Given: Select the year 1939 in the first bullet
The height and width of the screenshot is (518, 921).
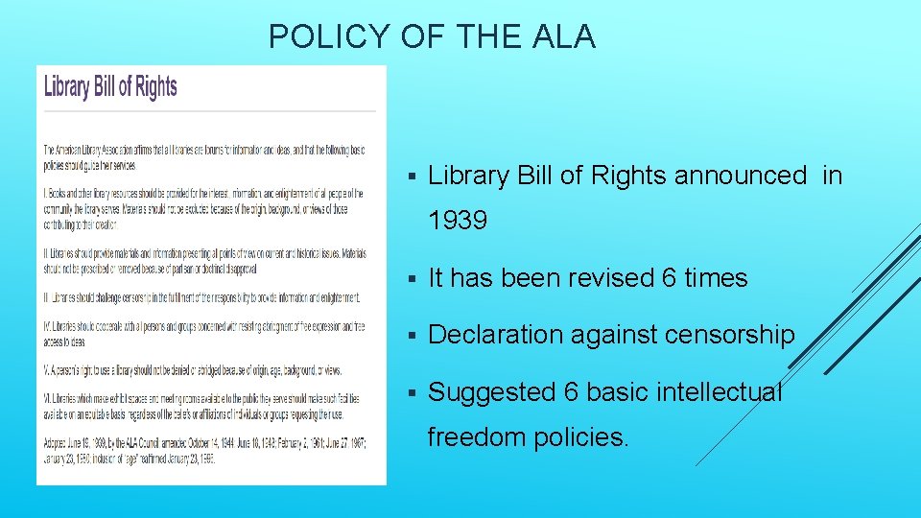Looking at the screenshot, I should click(458, 221).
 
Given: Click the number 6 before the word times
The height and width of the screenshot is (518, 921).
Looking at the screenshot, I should click(670, 278).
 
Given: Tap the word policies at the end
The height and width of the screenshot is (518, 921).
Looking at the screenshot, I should click(583, 437).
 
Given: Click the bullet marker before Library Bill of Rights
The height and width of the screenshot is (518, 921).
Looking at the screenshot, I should click(411, 177).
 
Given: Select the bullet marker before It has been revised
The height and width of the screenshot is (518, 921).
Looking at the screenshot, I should click(411, 279).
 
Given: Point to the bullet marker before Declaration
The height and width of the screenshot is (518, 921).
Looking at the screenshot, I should click(411, 336).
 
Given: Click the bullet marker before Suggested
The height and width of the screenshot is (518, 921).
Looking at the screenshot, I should click(411, 393).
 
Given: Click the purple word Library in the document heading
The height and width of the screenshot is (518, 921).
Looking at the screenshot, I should click(66, 87).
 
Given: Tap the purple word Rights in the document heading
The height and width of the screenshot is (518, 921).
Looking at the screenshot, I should click(155, 87).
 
